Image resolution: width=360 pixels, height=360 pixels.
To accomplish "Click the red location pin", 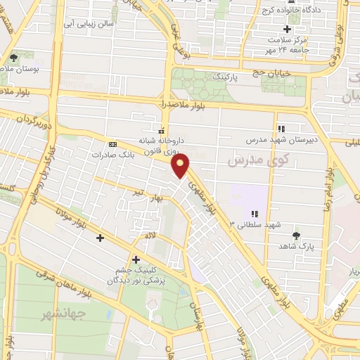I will (x=181, y=165).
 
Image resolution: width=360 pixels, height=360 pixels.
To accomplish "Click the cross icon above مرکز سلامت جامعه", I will (x=287, y=29).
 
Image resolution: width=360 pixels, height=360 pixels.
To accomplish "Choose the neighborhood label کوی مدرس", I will (x=248, y=162).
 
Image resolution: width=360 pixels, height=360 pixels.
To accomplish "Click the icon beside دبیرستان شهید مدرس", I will (x=281, y=129).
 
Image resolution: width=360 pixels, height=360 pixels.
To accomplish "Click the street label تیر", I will (x=142, y=191).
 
